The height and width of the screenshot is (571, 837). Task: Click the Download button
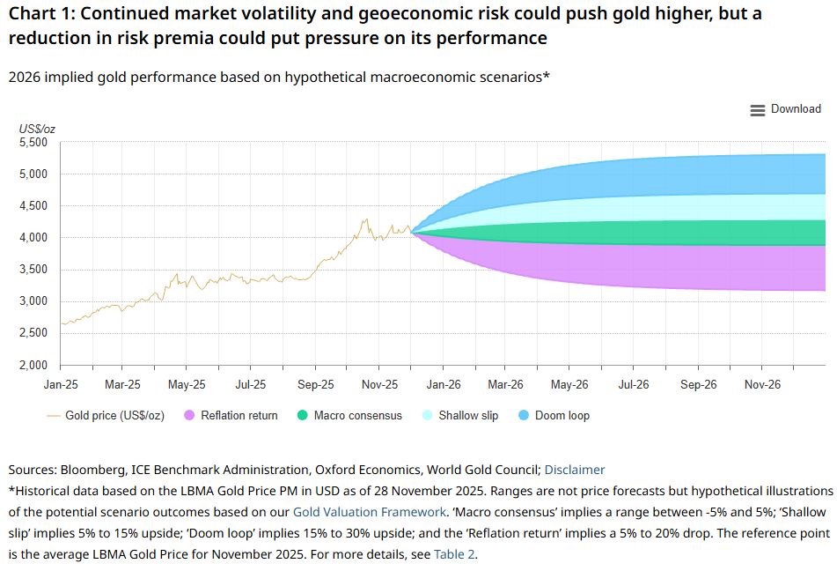click(x=785, y=109)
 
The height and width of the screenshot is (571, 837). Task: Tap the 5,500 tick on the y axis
click(x=35, y=143)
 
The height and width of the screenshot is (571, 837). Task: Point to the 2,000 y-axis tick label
click(x=35, y=365)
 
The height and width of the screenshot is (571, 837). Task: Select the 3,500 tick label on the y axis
click(x=35, y=270)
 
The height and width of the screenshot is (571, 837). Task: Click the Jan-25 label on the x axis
click(x=60, y=385)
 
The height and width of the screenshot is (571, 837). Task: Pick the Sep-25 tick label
click(x=315, y=385)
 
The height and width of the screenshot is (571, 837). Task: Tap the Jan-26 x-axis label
click(x=444, y=385)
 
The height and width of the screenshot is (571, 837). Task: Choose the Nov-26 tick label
click(x=762, y=385)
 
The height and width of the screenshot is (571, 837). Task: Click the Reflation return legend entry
click(x=230, y=415)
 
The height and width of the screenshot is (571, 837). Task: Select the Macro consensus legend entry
click(x=349, y=415)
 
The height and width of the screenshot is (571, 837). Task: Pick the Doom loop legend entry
click(x=554, y=415)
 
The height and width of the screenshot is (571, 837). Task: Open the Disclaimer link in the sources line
click(x=575, y=470)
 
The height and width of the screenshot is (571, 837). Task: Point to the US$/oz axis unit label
click(x=37, y=130)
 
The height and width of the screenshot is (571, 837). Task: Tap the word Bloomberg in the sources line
click(x=92, y=470)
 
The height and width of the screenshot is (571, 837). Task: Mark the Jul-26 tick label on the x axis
click(x=635, y=385)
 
